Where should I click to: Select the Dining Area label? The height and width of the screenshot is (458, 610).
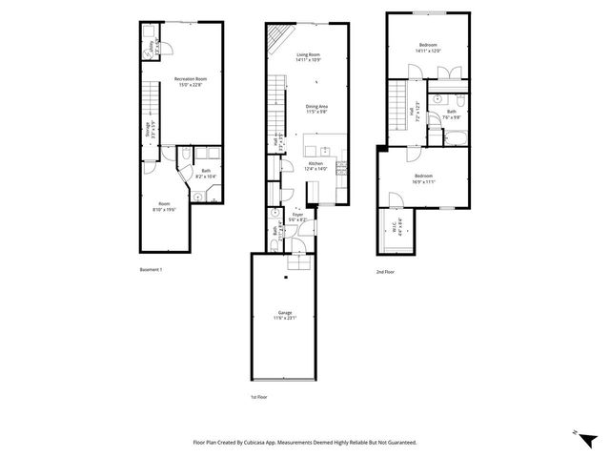pyautogui.click(x=317, y=109)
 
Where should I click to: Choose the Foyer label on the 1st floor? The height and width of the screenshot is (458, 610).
pyautogui.click(x=297, y=217)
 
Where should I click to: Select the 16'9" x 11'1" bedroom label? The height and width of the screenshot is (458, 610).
pyautogui.click(x=423, y=178)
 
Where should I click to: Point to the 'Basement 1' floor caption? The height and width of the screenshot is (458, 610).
pyautogui.click(x=152, y=270)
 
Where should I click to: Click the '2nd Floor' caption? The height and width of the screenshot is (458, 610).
pyautogui.click(x=386, y=272)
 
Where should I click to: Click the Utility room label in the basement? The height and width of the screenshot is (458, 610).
pyautogui.click(x=149, y=44)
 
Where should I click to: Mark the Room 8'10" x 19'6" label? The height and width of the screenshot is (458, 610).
pyautogui.click(x=164, y=208)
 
